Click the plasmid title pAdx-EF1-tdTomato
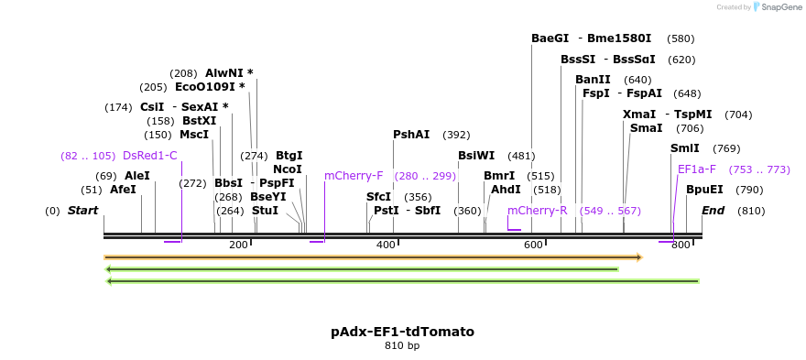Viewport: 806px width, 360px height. tap(402, 332)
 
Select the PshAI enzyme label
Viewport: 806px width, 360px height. tap(411, 135)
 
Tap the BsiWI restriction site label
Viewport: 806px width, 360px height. tap(476, 156)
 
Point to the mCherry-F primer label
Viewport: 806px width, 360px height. tap(354, 176)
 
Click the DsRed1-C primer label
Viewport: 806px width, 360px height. tap(149, 156)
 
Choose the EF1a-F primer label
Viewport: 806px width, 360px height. tap(697, 169)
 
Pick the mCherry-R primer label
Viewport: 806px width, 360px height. tap(538, 211)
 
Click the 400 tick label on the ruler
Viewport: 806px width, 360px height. tap(386, 245)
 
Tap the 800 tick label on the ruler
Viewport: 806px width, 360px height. tap(680, 245)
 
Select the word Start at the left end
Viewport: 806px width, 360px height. tap(82, 211)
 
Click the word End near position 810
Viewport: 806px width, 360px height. tap(713, 211)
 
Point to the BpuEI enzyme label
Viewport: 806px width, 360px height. tap(704, 190)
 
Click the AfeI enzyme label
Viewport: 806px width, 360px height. tap(123, 190)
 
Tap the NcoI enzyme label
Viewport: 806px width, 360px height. tap(287, 169)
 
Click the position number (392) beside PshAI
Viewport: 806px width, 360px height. tap(456, 135)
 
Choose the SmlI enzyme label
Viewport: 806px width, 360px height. tap(685, 148)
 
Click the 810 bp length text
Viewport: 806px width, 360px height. tap(402, 346)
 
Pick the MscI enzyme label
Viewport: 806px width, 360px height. tap(194, 135)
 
